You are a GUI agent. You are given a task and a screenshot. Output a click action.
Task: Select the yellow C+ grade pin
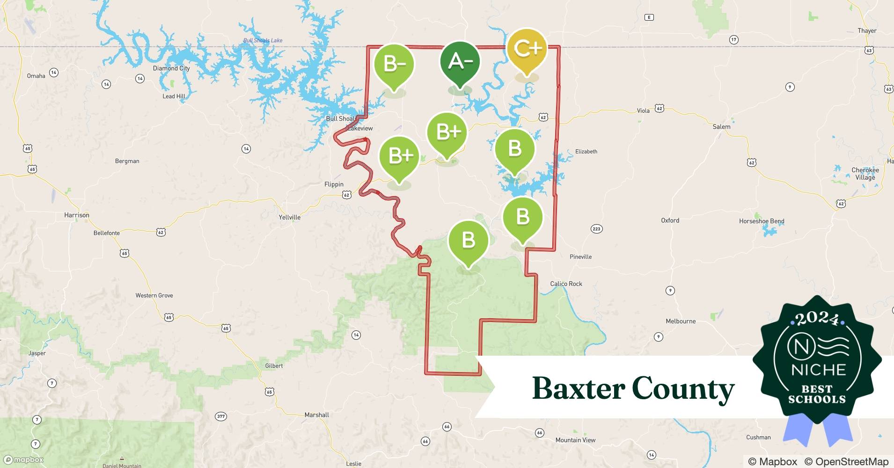(527, 49)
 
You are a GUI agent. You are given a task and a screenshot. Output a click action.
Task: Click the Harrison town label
(77, 215)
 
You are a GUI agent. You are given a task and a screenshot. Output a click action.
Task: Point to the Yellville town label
(289, 217)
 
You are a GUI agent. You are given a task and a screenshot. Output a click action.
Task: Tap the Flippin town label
(334, 184)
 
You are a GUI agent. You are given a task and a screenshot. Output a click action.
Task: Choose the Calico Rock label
(566, 284)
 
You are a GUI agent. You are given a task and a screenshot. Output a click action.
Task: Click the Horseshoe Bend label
(762, 221)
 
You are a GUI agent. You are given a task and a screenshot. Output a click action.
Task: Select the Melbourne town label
(681, 321)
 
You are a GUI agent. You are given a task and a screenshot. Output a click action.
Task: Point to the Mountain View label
(575, 440)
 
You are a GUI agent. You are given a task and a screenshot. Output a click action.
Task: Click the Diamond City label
(171, 68)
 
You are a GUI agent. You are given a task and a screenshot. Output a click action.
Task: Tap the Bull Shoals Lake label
(263, 41)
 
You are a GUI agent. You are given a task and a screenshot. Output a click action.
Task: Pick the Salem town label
(721, 127)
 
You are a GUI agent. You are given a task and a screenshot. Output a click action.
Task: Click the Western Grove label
(154, 295)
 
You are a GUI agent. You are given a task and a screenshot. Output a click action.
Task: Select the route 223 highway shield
(596, 229)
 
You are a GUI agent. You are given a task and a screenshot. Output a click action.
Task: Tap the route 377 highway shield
(221, 416)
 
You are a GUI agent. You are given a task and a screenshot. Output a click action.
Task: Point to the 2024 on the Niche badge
(817, 319)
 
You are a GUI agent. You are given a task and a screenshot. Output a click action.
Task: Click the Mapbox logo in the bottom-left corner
(23, 460)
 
